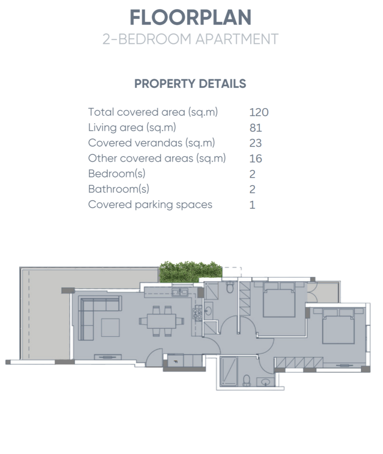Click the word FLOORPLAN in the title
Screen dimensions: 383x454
click(x=190, y=17)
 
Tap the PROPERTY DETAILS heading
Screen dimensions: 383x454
click(x=190, y=84)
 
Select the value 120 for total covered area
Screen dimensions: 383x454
click(x=259, y=112)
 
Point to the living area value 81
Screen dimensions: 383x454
click(x=256, y=128)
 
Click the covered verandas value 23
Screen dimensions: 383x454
click(x=256, y=143)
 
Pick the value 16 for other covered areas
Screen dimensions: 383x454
click(x=256, y=159)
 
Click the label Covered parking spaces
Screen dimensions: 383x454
click(x=150, y=205)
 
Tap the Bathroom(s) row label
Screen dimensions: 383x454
click(x=118, y=189)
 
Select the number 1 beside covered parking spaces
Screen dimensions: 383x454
click(x=252, y=205)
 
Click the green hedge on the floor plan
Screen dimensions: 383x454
click(x=191, y=272)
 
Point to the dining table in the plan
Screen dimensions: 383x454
click(x=162, y=321)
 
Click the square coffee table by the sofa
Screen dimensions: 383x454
click(x=111, y=328)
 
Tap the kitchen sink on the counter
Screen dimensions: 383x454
click(x=180, y=293)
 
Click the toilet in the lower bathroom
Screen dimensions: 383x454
click(x=246, y=380)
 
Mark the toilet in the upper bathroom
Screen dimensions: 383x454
click(x=230, y=287)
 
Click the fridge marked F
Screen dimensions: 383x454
click(x=176, y=361)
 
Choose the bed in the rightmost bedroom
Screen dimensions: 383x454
click(x=339, y=326)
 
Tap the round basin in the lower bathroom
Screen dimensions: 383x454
click(x=265, y=382)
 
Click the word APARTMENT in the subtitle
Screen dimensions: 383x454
click(x=237, y=39)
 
